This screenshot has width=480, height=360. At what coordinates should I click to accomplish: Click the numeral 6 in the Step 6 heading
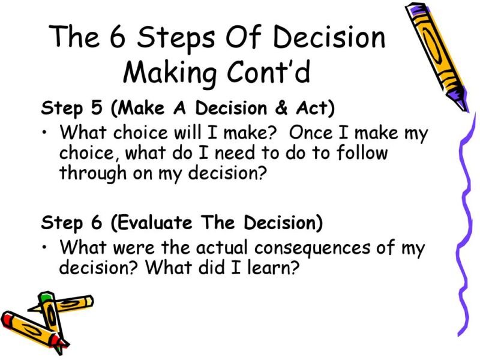(97, 223)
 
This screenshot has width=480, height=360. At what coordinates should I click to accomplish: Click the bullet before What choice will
(46, 131)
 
